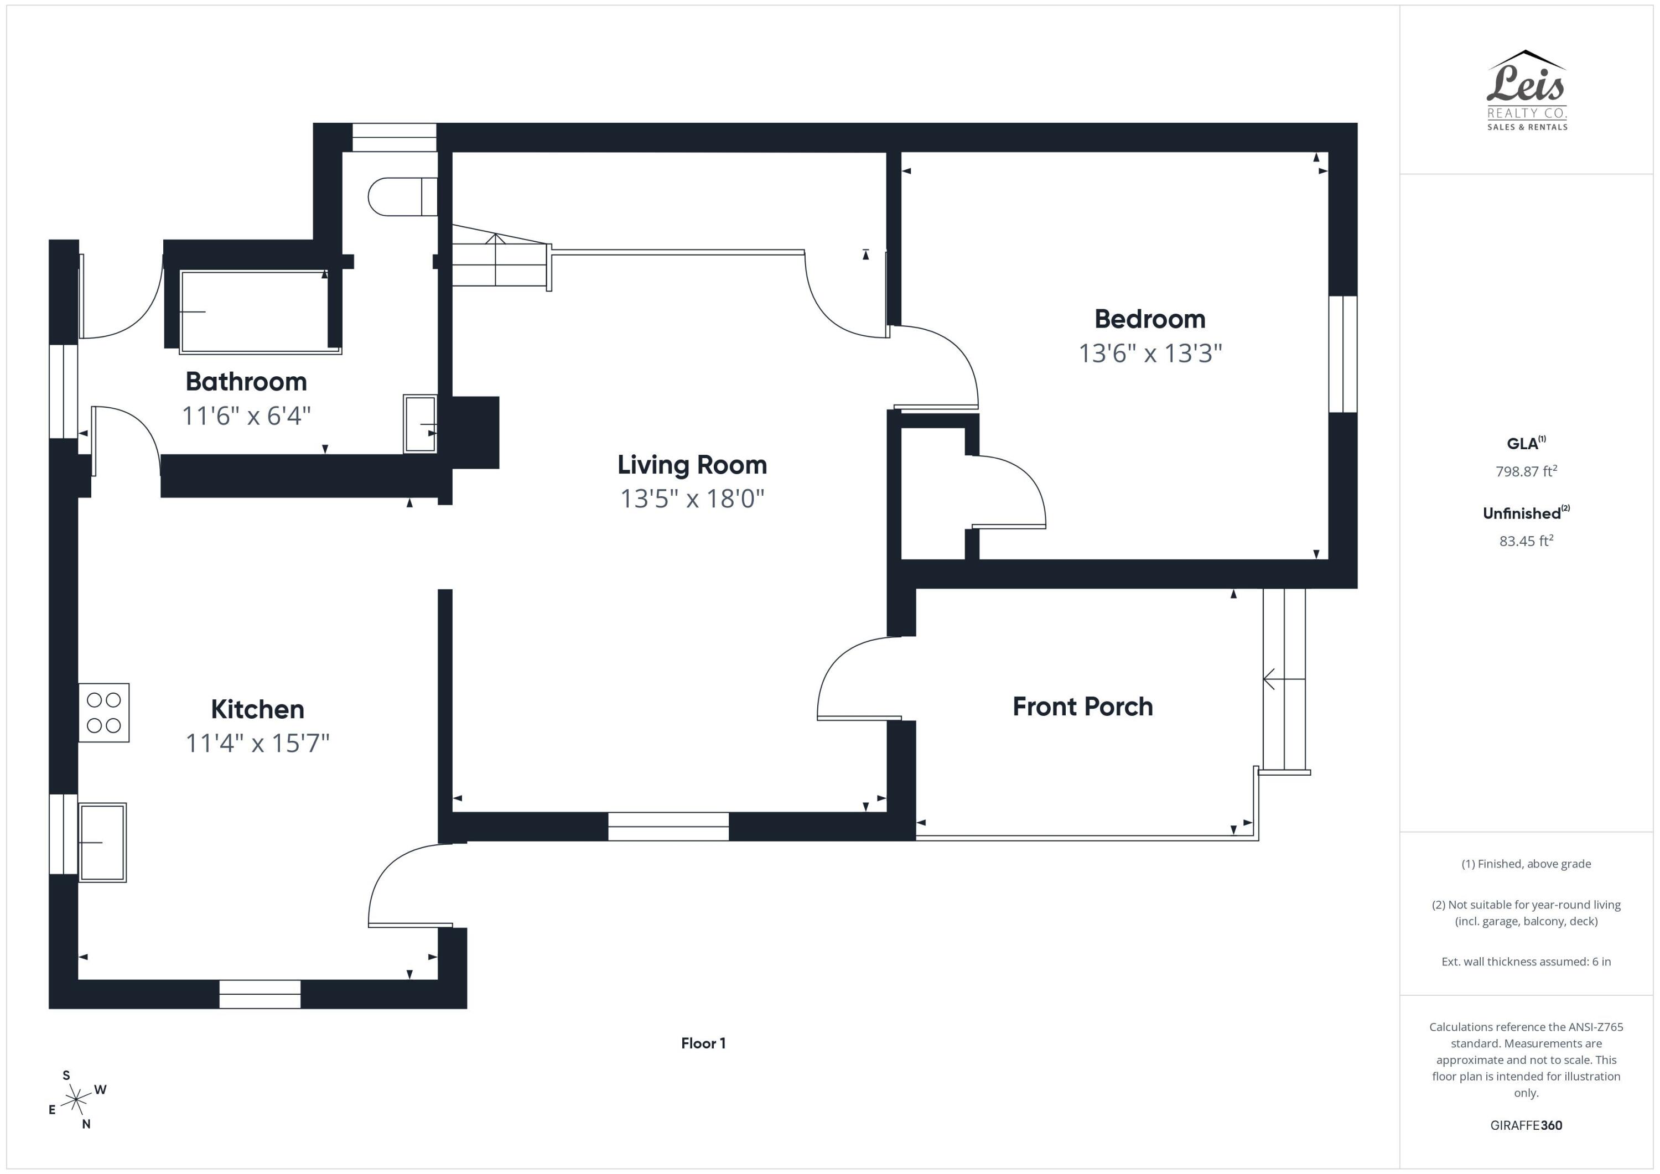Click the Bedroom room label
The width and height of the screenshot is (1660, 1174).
[1150, 319]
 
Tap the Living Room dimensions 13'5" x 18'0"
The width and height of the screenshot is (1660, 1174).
[692, 499]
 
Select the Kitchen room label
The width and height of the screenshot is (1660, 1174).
[257, 709]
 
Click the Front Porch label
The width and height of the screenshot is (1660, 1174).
[1082, 707]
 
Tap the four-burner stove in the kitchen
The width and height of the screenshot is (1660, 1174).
[104, 713]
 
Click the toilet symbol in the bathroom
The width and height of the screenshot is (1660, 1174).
[402, 196]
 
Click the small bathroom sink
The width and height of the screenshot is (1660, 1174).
[419, 424]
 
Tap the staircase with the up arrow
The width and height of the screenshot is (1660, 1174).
[497, 260]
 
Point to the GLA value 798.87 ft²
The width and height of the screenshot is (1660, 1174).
[1526, 471]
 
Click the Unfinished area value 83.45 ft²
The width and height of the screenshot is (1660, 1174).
[1526, 541]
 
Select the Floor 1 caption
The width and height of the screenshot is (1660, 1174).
[703, 1043]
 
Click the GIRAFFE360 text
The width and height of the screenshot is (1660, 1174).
[1526, 1125]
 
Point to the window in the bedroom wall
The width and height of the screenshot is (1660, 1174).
[1342, 354]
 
